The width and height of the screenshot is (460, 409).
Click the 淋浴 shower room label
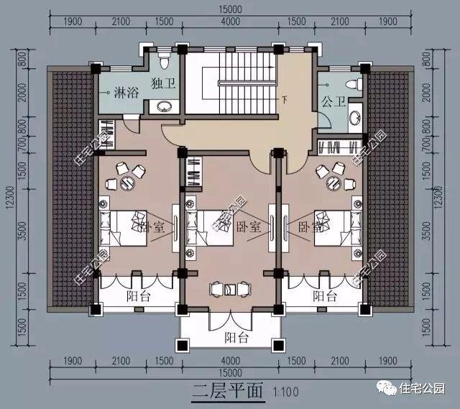point(116,92)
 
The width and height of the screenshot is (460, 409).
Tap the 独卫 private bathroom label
point(161,82)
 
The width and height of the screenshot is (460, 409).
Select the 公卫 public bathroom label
point(331,101)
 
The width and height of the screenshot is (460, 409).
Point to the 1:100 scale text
point(287,393)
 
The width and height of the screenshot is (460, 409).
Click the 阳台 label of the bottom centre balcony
point(231,336)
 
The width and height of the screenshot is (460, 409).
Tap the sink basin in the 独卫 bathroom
point(163,107)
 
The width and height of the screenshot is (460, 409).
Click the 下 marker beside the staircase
point(285,98)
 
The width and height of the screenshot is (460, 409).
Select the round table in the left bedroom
point(127,180)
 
